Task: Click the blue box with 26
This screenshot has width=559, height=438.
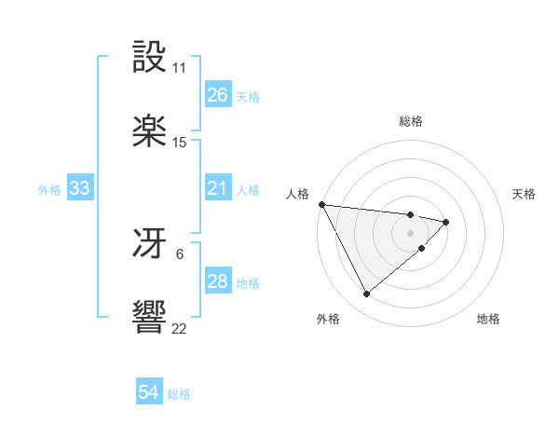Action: [x=218, y=95]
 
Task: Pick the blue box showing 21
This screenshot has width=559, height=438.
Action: [x=218, y=188]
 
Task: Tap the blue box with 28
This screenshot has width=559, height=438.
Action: [x=218, y=281]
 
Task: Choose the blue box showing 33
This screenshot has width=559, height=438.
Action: [x=80, y=188]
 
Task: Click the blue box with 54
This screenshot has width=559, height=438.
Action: [x=149, y=392]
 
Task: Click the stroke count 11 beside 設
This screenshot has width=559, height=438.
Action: [x=180, y=68]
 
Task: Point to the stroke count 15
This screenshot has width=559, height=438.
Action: [x=180, y=143]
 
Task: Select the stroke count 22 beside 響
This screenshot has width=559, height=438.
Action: [x=180, y=329]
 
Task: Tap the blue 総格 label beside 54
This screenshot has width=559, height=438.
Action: [x=179, y=394]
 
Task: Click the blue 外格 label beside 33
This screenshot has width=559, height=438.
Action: [x=49, y=190]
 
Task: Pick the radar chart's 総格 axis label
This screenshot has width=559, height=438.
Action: [x=411, y=121]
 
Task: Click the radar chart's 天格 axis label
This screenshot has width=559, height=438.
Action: [x=525, y=194]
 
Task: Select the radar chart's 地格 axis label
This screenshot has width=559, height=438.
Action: [x=489, y=319]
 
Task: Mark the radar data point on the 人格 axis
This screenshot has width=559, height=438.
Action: [x=321, y=204]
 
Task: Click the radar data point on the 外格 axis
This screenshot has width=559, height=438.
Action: [x=366, y=294]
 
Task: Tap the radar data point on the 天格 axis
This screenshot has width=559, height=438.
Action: [x=447, y=222]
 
